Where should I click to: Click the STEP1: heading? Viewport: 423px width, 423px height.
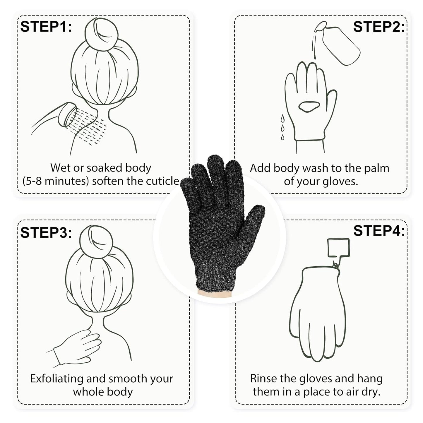(46, 27)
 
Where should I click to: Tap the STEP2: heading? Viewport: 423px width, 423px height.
(379, 27)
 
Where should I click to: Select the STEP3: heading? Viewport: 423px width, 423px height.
(46, 232)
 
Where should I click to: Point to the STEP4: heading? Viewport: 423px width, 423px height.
(379, 231)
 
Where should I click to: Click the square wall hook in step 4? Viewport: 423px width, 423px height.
(338, 247)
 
